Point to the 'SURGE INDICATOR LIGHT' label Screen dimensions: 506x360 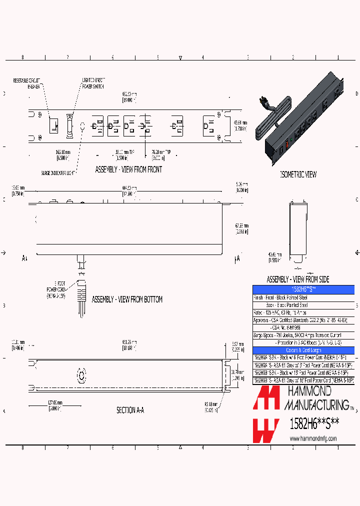tap(59, 173)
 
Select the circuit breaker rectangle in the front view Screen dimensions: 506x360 tap(53, 124)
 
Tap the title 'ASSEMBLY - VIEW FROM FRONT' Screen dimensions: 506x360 tap(128, 169)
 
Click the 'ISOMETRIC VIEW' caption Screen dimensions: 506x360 tap(298, 174)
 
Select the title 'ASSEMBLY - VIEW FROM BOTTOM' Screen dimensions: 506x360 tap(127, 299)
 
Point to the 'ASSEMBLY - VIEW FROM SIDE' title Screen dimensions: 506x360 tap(298, 279)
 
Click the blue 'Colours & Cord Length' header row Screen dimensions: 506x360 tap(303, 350)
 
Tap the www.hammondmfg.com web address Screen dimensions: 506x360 tap(313, 438)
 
